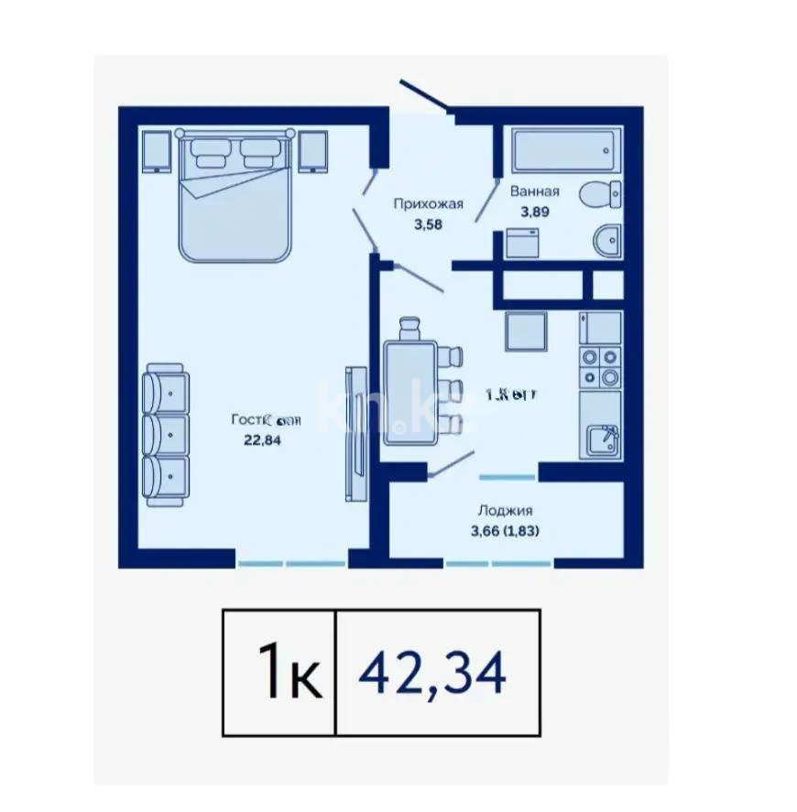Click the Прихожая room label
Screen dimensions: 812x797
tap(429, 204)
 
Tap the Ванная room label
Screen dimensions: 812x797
tap(534, 192)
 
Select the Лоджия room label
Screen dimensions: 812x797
tap(505, 511)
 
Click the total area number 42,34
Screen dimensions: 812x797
tap(432, 675)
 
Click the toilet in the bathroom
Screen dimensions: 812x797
tap(602, 195)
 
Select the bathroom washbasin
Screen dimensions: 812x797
tap(607, 242)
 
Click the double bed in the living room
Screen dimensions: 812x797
tap(236, 197)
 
